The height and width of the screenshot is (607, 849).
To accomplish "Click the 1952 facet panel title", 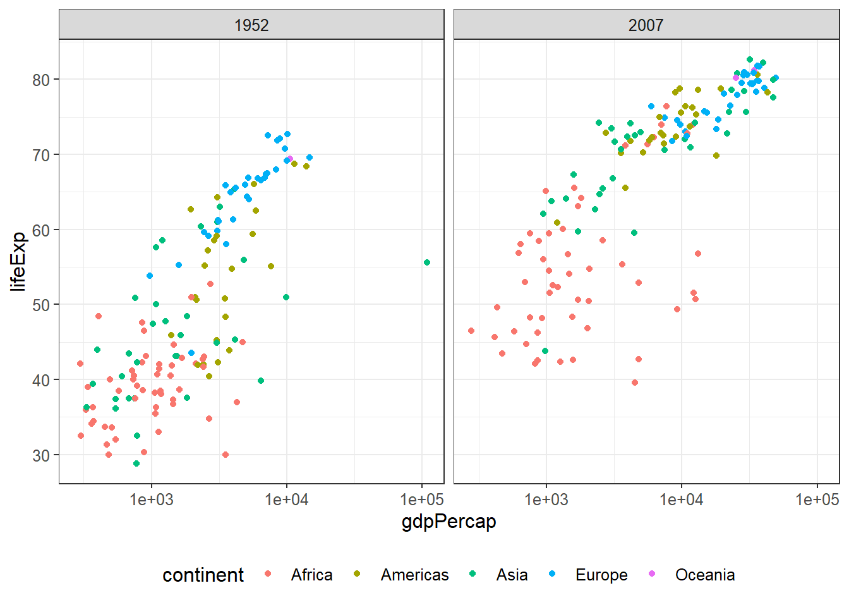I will click(251, 25).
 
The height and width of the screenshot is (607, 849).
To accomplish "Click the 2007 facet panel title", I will click(646, 25).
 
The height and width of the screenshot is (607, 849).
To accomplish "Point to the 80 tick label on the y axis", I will click(41, 80).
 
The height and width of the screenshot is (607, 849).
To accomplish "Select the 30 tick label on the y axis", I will click(41, 455).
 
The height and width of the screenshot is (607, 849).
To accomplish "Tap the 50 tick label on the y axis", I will click(41, 305).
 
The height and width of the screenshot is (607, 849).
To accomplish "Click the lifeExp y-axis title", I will click(19, 262).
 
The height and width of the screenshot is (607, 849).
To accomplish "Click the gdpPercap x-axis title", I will click(449, 522).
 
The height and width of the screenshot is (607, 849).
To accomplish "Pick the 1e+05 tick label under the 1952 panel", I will click(422, 500).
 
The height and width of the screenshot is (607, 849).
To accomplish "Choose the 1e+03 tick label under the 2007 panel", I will click(546, 500).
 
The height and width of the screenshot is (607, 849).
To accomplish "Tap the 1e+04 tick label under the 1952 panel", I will click(287, 500).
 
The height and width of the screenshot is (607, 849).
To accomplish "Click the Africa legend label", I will click(311, 575).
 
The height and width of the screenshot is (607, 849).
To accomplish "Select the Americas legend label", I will click(414, 575).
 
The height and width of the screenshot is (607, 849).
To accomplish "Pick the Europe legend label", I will click(601, 575).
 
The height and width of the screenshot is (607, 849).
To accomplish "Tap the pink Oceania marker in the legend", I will click(652, 573).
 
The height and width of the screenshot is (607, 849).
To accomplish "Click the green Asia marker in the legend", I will click(473, 573).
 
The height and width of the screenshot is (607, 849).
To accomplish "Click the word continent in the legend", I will click(203, 575).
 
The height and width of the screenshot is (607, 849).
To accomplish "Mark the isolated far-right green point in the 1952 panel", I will click(427, 262).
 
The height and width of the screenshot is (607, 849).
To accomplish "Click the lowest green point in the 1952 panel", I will click(136, 463).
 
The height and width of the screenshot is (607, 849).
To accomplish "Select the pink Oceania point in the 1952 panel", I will click(290, 159).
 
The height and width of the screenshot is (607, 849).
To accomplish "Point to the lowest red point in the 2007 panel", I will click(635, 383).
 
